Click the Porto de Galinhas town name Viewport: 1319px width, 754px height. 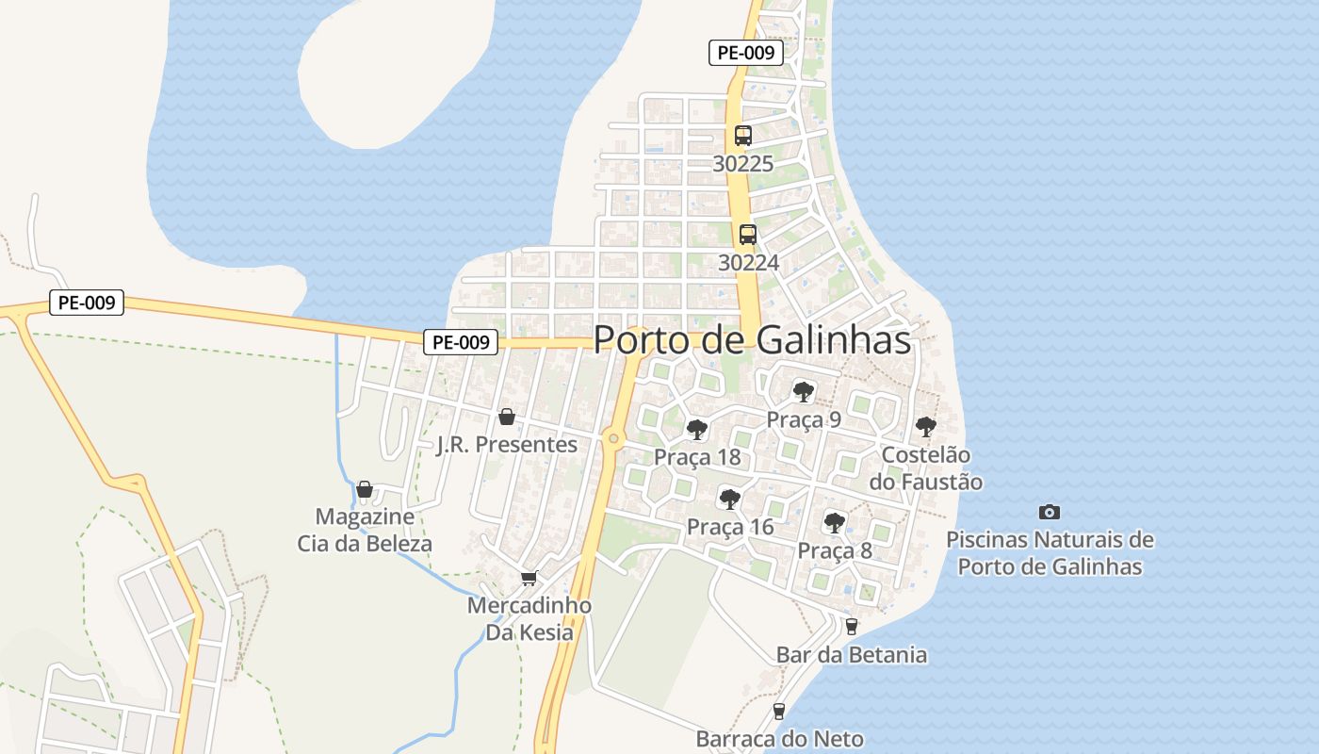click(753, 340)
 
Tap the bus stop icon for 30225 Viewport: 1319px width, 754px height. click(743, 136)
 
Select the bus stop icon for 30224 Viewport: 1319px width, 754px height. click(748, 235)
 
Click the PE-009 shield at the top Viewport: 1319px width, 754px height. click(745, 53)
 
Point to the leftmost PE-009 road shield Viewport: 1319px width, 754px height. click(87, 303)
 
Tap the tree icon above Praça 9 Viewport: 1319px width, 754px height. click(804, 392)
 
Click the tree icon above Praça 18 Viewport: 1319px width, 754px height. click(697, 431)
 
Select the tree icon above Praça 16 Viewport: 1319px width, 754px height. click(729, 500)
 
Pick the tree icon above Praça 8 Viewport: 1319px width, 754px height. click(835, 523)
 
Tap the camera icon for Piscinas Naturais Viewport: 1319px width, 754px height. click(1050, 512)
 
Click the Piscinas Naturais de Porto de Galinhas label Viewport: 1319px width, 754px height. click(1050, 553)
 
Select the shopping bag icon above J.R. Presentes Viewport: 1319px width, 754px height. click(507, 417)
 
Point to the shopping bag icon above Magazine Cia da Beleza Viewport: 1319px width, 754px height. click(365, 489)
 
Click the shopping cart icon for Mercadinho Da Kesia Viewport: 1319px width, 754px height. click(529, 578)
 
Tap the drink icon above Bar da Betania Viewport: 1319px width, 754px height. click(852, 627)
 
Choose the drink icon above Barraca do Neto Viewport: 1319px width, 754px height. click(779, 711)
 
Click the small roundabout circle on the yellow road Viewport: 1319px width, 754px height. click(613, 437)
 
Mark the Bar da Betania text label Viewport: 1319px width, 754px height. click(852, 654)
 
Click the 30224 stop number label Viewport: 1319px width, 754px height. click(748, 262)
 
